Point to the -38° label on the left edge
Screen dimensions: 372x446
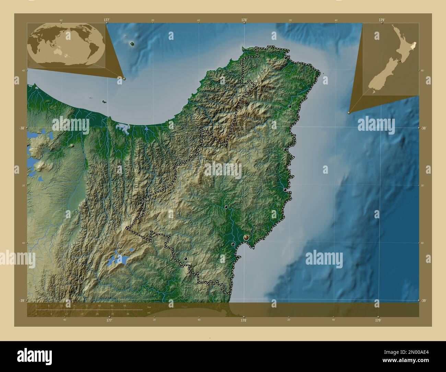coord(21,128)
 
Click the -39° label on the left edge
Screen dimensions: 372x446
coord(21,301)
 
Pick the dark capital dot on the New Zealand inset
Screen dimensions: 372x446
coord(400,61)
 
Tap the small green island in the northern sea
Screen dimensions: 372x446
coord(132,44)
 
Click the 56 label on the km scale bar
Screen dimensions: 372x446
coord(125,305)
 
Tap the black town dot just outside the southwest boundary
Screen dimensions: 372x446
coord(186,259)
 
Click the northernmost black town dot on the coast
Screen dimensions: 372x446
coord(286,58)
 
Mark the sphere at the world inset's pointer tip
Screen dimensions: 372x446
coord(124,79)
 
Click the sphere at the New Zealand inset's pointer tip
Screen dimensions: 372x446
coord(349,112)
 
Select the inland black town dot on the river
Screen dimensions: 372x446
coord(226,207)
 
